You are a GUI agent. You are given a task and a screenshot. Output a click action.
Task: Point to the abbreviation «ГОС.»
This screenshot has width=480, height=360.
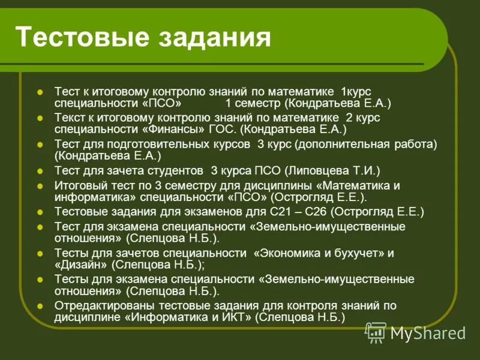point(221,129)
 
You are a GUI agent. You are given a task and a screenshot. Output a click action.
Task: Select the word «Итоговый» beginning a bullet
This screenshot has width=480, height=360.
point(77,185)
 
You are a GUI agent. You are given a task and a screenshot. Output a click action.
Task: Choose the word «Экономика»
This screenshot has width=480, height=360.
point(290,253)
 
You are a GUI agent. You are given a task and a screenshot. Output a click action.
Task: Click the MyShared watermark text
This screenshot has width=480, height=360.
point(428,333)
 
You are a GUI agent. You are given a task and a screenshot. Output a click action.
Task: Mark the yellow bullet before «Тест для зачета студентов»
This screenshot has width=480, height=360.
point(40,171)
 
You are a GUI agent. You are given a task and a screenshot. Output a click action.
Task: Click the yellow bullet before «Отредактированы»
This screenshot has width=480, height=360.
point(40,306)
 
